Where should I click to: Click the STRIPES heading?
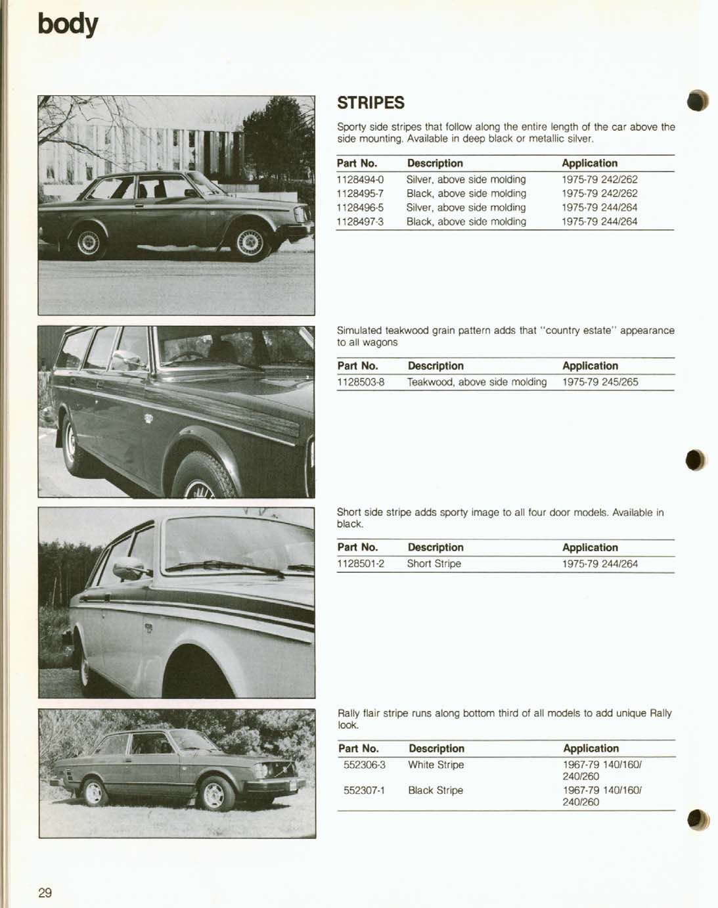[370, 103]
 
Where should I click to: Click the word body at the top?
[68, 24]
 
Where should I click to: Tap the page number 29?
[45, 892]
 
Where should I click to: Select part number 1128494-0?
[360, 179]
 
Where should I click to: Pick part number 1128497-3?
[360, 221]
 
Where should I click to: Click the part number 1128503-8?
[361, 382]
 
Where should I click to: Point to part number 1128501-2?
[361, 564]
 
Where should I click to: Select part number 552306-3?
[365, 765]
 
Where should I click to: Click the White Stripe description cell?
[436, 765]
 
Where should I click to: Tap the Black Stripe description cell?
[435, 790]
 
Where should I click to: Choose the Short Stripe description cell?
[434, 564]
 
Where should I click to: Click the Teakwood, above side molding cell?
[476, 382]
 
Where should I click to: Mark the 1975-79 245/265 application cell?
[600, 382]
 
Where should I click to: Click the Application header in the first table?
[589, 163]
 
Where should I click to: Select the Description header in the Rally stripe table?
[436, 748]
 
